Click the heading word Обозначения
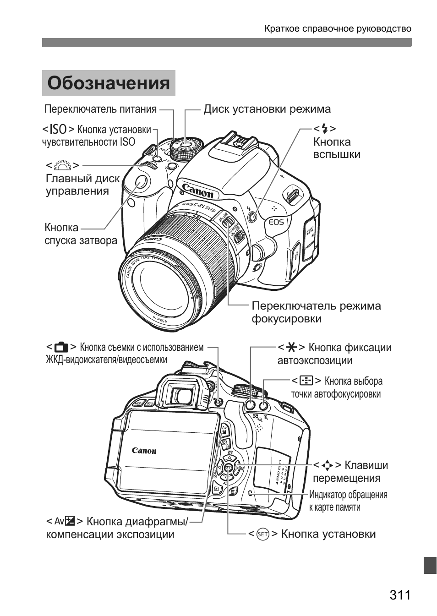(109, 83)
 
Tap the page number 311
(400, 595)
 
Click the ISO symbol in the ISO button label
(59, 129)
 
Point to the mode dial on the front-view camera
(186, 147)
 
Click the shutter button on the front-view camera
(141, 182)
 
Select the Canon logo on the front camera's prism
(197, 191)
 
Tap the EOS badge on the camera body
(276, 222)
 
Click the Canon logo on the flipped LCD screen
(144, 451)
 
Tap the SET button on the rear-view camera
(229, 468)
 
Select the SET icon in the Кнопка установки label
(263, 534)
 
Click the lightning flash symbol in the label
(325, 129)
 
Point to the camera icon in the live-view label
(61, 347)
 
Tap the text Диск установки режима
(267, 109)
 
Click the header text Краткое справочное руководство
(338, 29)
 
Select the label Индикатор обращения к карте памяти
(348, 501)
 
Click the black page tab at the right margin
(430, 565)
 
